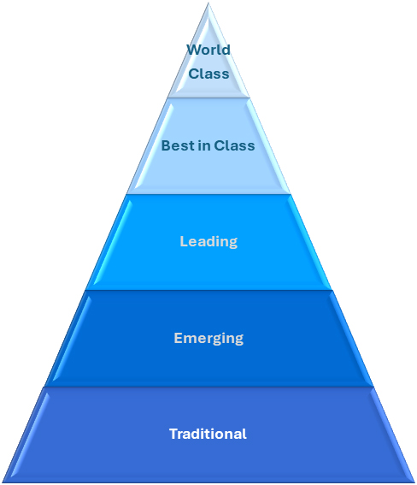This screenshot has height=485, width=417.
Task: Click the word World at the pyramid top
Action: click(208, 49)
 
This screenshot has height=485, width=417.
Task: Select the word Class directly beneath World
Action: click(208, 74)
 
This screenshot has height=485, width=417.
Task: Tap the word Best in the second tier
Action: click(176, 145)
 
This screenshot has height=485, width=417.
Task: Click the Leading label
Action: click(208, 241)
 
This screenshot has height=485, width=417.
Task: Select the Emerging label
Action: click(208, 338)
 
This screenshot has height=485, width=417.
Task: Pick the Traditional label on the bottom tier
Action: click(208, 434)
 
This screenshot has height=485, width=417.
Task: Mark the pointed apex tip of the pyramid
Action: click(208, 4)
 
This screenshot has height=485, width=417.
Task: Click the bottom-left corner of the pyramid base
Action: click(3, 481)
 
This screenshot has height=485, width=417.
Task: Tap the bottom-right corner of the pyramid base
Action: click(414, 481)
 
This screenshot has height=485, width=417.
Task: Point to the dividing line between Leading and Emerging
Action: click(208, 290)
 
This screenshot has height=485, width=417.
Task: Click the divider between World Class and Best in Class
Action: click(208, 98)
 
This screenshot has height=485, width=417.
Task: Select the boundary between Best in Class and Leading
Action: click(208, 194)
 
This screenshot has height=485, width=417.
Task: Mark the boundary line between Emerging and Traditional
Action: click(208, 387)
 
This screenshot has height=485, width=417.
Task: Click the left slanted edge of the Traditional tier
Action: click(25, 434)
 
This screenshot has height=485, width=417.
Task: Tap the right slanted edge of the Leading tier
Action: click(309, 241)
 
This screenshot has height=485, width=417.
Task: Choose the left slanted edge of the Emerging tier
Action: click(67, 338)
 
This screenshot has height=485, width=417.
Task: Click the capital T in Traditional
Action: click(173, 434)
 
